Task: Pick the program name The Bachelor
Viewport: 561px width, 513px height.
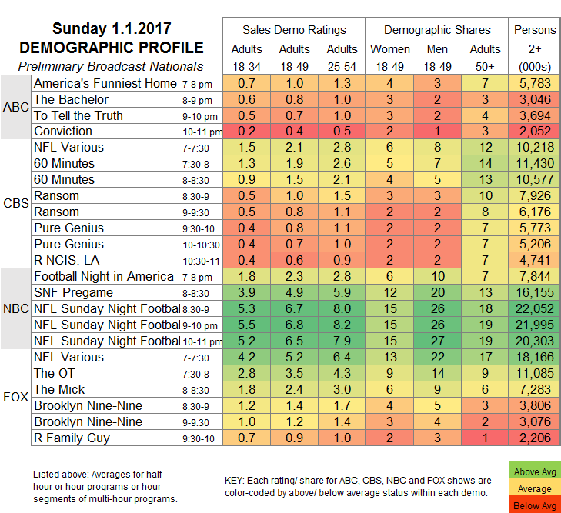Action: click(x=72, y=99)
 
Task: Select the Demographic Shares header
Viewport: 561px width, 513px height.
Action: click(x=437, y=30)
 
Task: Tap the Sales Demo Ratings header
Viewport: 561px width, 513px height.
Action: click(x=294, y=30)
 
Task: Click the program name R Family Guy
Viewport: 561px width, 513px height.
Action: click(x=72, y=438)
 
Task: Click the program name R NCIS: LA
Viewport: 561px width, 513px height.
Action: click(x=68, y=259)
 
